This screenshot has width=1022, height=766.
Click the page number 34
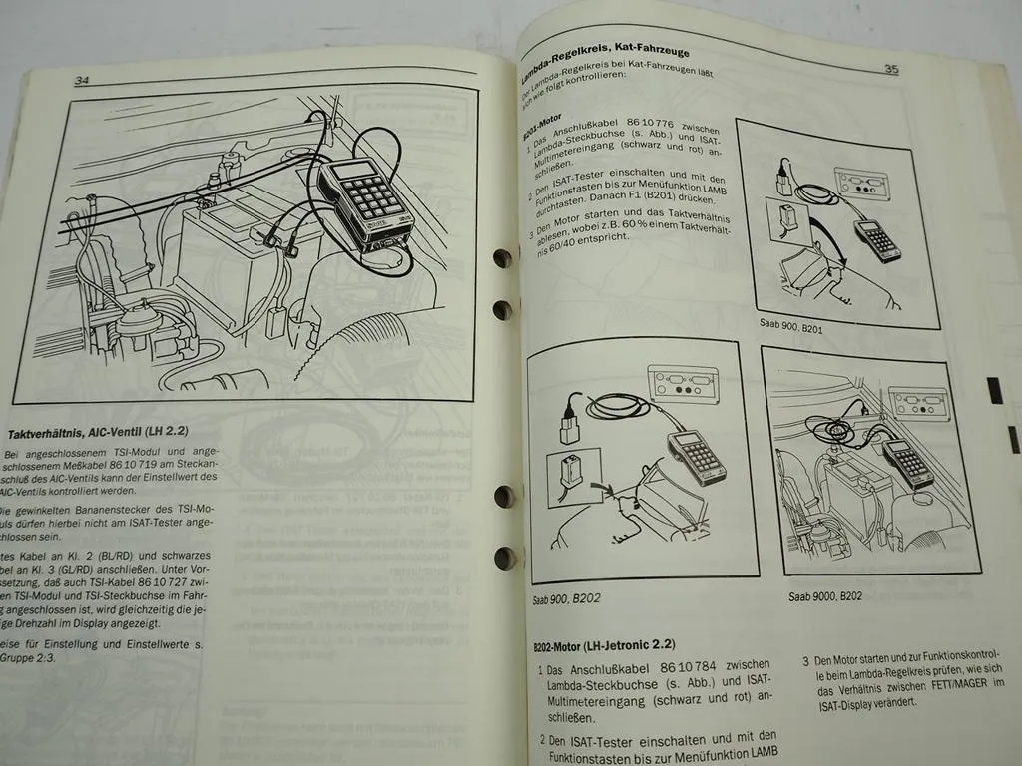[83, 80]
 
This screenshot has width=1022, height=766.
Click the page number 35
[891, 69]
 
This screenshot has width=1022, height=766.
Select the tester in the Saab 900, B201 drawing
[876, 239]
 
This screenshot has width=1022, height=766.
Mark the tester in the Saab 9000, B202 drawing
[907, 461]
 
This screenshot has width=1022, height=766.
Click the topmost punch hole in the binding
[502, 258]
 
